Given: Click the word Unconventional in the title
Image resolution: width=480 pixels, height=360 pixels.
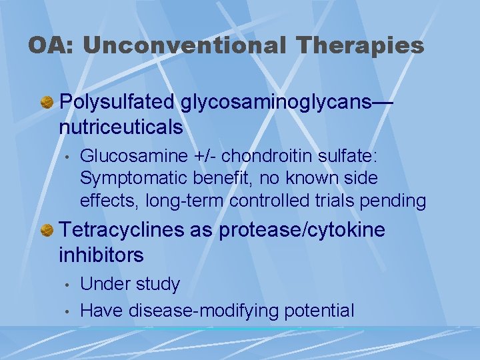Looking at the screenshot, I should (x=184, y=45).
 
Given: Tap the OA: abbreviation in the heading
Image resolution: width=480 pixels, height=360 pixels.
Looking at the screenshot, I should (x=51, y=45).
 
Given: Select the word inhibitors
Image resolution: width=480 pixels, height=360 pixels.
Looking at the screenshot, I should (x=101, y=255).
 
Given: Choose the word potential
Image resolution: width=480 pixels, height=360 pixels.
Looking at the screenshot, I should (x=319, y=310).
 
